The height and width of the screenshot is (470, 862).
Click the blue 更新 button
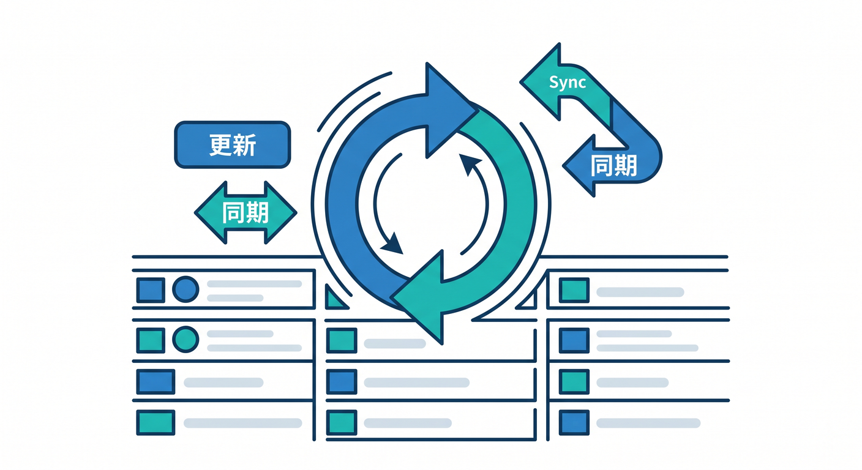(233, 144)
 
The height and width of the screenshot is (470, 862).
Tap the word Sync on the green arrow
(568, 82)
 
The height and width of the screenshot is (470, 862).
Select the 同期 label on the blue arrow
(613, 165)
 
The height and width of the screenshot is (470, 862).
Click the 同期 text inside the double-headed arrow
(245, 212)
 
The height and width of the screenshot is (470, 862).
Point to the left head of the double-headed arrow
(211, 213)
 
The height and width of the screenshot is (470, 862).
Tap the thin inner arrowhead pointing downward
(392, 244)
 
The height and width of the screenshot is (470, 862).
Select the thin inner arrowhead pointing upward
(469, 163)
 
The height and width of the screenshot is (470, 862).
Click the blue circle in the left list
(186, 289)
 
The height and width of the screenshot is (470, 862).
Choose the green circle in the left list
(186, 340)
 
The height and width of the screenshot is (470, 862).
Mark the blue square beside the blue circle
(151, 290)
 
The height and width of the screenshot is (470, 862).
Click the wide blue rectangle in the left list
(156, 381)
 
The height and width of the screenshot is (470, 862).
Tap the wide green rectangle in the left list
(156, 422)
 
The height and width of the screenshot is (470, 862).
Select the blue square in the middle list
(342, 381)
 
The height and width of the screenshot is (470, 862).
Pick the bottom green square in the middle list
(342, 422)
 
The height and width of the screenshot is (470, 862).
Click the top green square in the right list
(574, 290)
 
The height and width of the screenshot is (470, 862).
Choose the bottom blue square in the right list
(574, 422)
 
